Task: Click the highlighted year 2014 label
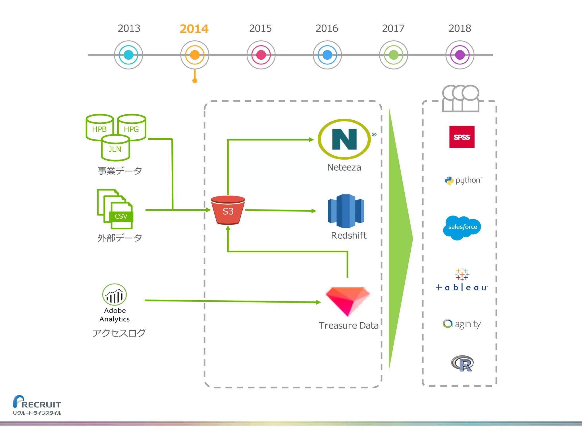pos(194,29)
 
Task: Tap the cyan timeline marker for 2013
pos(128,55)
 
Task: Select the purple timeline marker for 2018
pos(460,55)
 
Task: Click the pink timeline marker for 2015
pos(261,55)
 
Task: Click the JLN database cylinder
pos(115,148)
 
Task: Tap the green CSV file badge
pos(121,216)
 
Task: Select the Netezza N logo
pos(344,139)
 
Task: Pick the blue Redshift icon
pos(346,211)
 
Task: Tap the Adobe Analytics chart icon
pos(115,295)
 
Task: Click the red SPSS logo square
pos(462,137)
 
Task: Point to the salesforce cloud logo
pos(462,227)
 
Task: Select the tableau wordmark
pos(462,287)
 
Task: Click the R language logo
pos(462,363)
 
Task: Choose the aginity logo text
pos(467,324)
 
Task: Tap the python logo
pos(463,180)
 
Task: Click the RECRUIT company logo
pos(37,404)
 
